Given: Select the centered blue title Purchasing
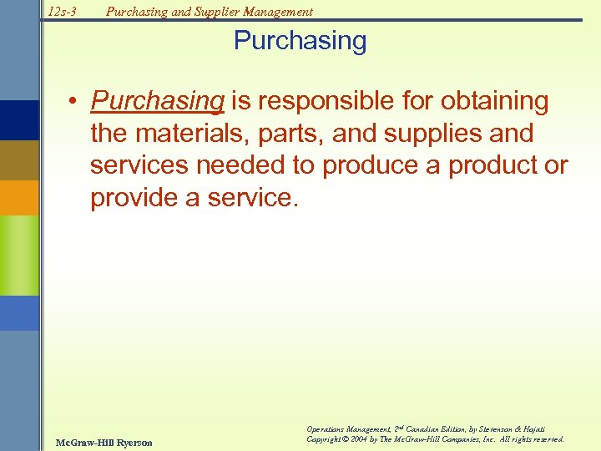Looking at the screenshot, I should pos(300,41).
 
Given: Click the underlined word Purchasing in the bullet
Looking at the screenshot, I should pos(158,101).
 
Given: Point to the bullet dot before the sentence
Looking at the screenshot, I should pos(75,102).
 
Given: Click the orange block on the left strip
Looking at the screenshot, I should pos(19,198).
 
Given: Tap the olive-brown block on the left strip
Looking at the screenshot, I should pos(19,160).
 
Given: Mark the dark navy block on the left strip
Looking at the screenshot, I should pos(19,119).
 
